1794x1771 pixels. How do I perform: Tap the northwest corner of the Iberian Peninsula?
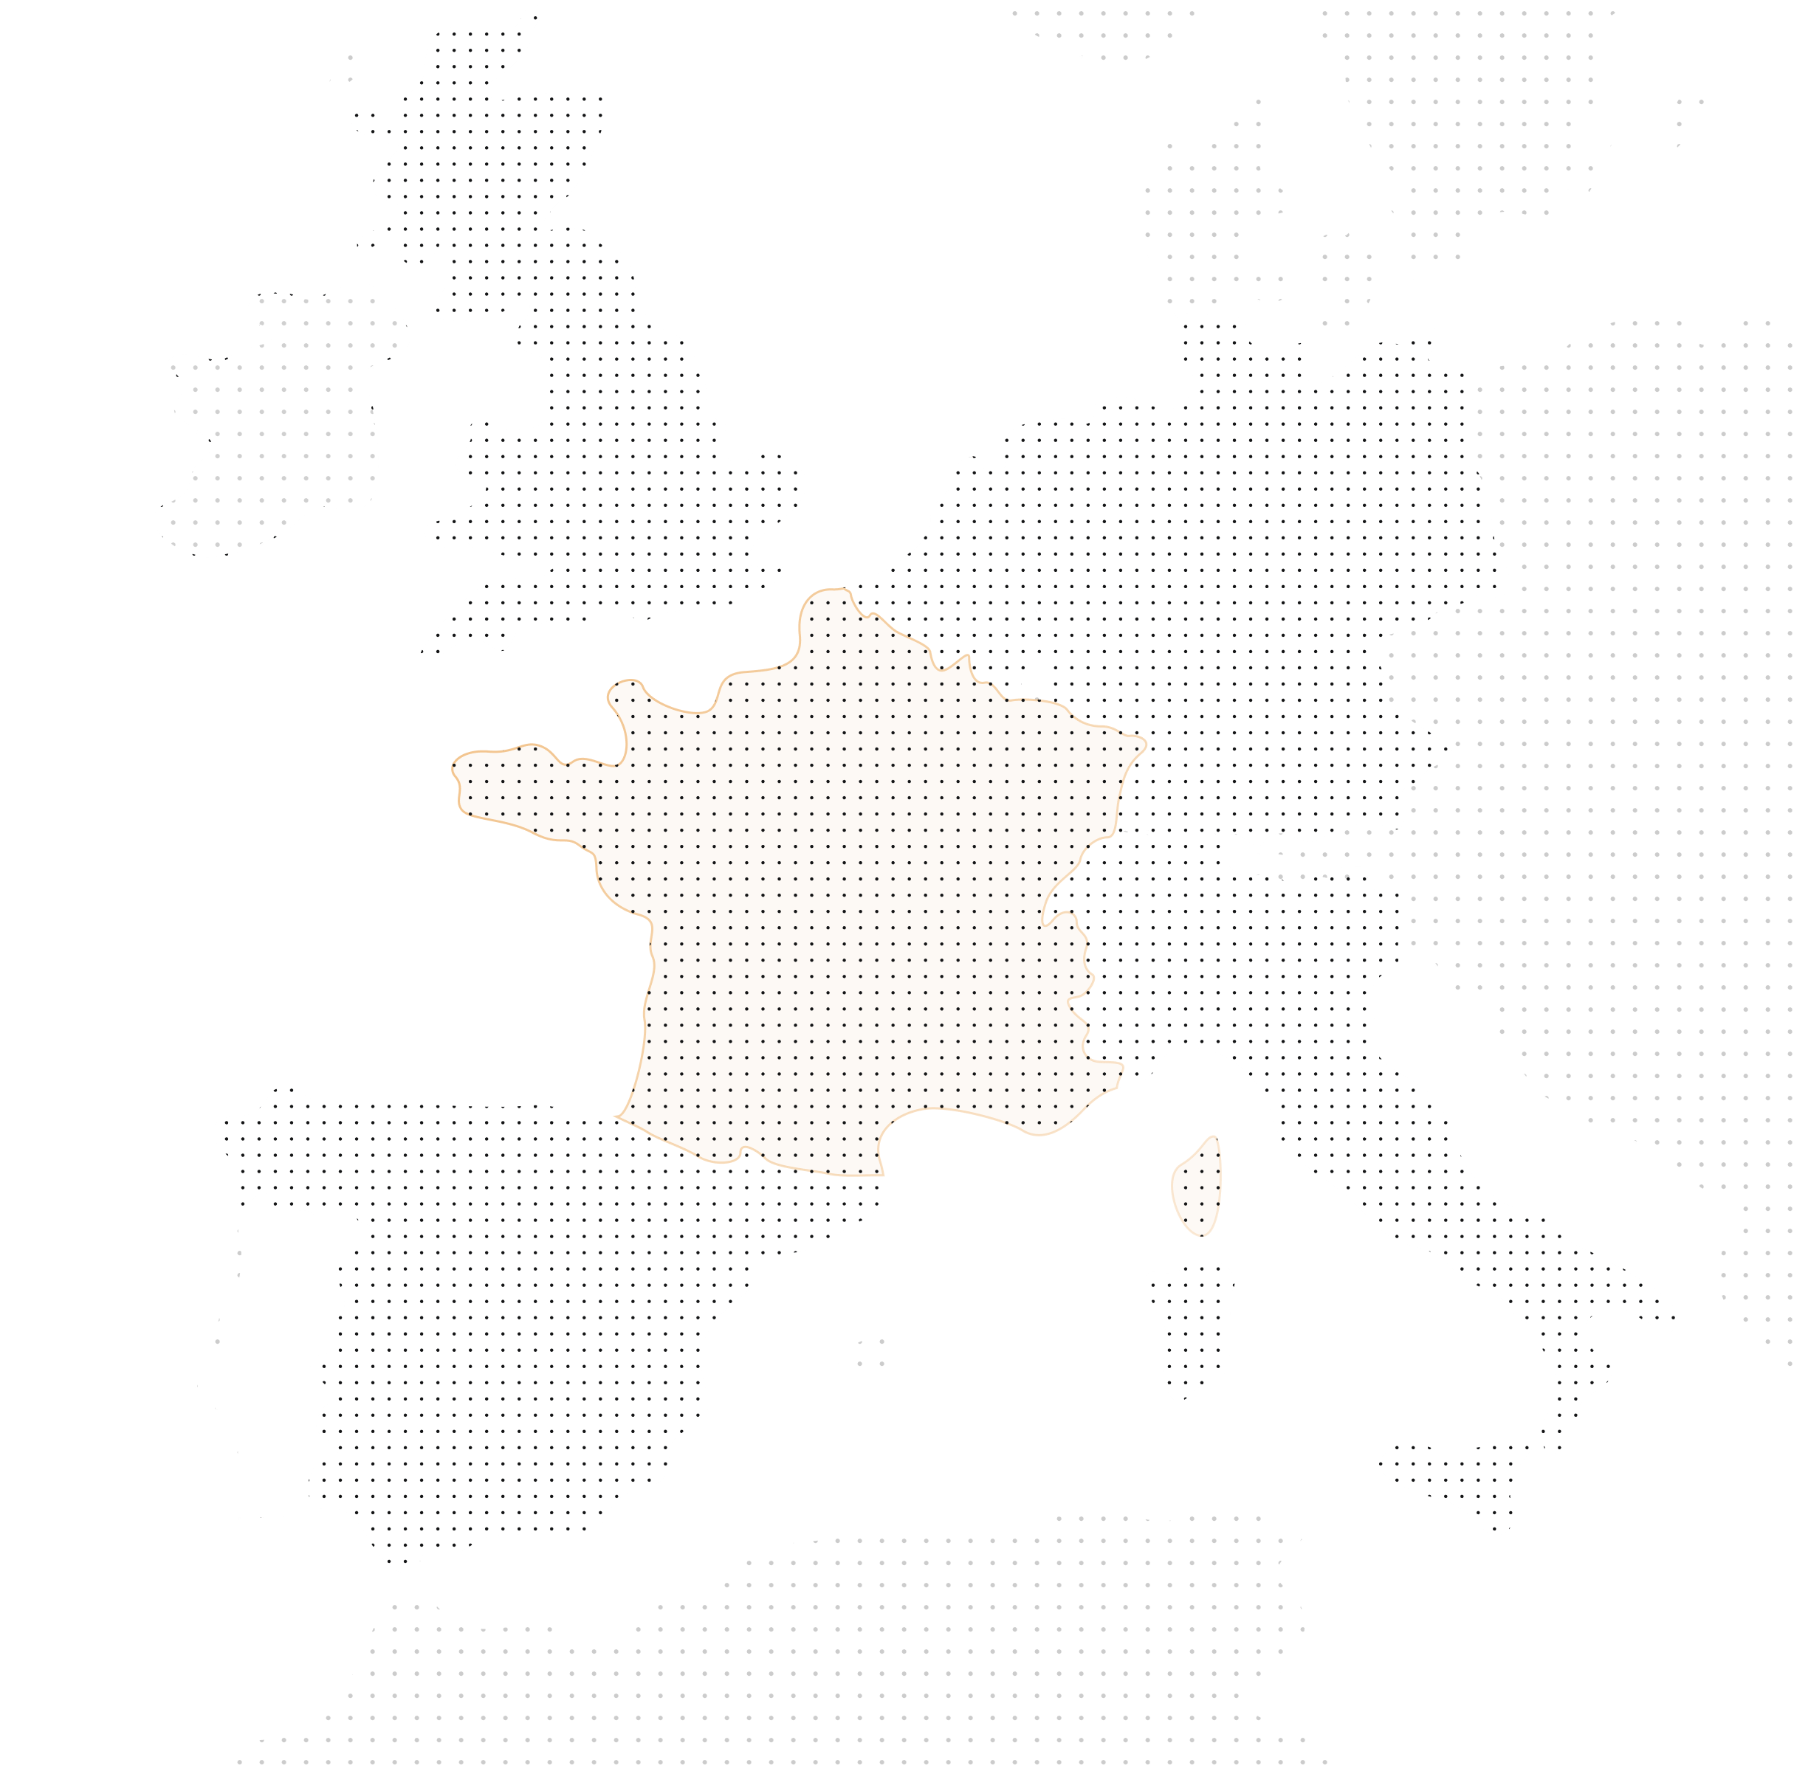(232, 1128)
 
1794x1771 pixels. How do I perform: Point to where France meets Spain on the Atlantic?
(616, 1114)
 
